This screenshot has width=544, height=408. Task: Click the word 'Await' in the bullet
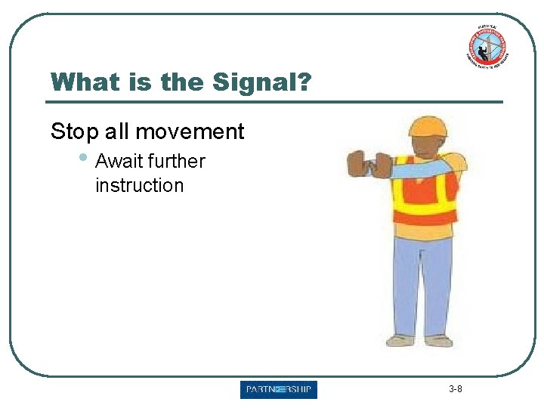119,161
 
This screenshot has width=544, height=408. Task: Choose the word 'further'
177,161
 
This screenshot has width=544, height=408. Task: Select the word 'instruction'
139,185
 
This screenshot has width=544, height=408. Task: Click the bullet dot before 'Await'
84,159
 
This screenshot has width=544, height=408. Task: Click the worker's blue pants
422,280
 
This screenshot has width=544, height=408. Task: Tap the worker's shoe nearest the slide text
400,341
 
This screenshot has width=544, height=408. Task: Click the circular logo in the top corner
487,48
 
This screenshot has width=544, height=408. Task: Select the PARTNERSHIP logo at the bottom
279,390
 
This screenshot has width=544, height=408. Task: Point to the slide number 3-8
456,390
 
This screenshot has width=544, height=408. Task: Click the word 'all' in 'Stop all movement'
117,131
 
